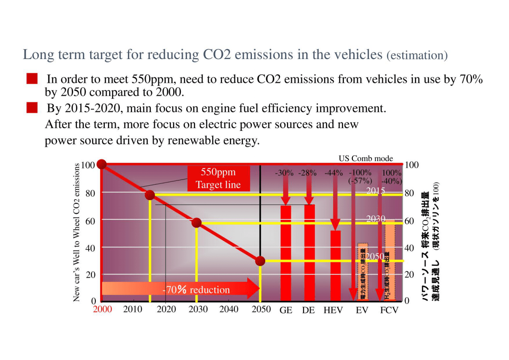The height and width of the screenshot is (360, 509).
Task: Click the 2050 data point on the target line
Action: [260, 261]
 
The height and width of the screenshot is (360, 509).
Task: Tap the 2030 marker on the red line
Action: [196, 223]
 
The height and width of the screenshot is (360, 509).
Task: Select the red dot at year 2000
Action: [101, 164]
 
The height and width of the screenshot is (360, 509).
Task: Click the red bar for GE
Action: [286, 253]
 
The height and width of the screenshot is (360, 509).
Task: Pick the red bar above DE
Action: [309, 253]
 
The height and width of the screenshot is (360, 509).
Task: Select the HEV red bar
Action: [335, 266]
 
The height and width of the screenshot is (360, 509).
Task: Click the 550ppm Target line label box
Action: [218, 178]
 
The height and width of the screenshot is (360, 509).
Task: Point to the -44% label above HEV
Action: [334, 173]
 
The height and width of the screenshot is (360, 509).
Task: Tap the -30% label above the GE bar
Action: [284, 173]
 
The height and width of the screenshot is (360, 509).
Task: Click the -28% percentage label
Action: [307, 173]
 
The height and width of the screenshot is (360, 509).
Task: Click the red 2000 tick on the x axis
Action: [103, 309]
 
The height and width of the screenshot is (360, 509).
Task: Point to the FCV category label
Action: [389, 310]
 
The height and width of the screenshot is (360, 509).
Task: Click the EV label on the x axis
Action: [362, 310]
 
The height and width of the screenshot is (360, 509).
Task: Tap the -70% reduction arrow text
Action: [197, 290]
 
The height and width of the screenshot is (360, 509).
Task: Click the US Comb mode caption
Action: [366, 158]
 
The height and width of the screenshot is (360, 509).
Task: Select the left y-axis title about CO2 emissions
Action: [77, 233]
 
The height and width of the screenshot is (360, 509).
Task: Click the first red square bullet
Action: [32, 79]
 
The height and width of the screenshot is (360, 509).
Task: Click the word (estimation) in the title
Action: [417, 55]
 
